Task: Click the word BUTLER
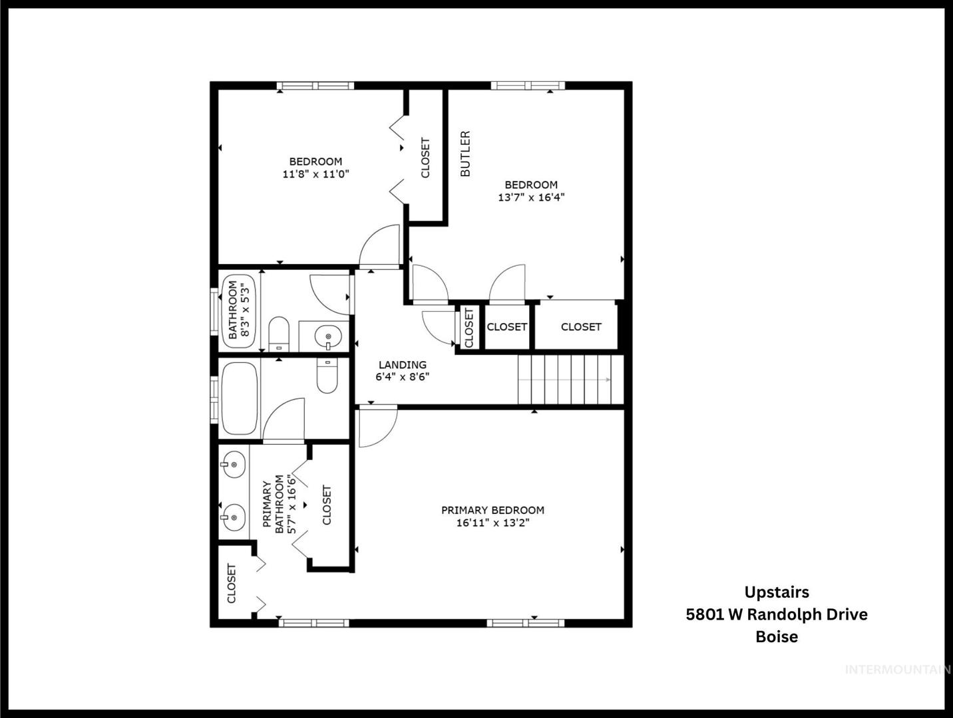(465, 154)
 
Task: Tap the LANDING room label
(403, 364)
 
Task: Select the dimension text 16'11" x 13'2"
(492, 523)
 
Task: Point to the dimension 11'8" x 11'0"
(315, 174)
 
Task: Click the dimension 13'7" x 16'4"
(531, 197)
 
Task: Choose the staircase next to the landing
(571, 380)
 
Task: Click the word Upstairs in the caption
(777, 592)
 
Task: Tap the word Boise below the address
(777, 636)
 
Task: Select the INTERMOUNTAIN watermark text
(898, 670)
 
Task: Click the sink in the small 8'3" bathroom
(328, 336)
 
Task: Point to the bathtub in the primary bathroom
(239, 398)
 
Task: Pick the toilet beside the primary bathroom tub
(327, 376)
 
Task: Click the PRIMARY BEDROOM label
(492, 510)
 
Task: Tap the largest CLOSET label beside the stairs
(581, 326)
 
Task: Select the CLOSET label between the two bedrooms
(425, 158)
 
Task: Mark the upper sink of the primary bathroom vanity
(233, 464)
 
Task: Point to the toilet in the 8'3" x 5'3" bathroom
(279, 334)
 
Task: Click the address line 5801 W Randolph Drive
(777, 614)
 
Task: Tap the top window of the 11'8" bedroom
(315, 86)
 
